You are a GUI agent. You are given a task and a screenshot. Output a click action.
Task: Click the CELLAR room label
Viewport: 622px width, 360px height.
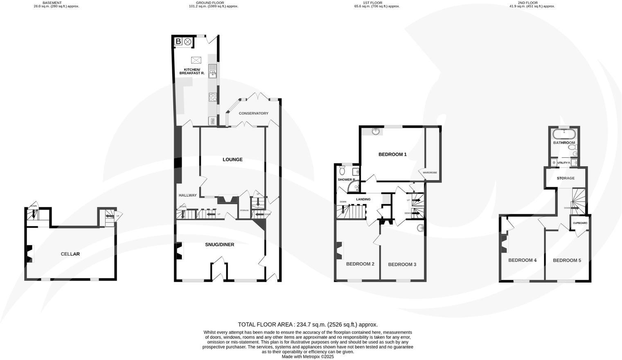click(x=70, y=254)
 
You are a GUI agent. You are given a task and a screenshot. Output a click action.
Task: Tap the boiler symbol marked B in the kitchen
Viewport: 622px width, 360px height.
click(x=178, y=41)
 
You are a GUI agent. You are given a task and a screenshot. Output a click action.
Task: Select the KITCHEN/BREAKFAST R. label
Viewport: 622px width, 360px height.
click(x=192, y=72)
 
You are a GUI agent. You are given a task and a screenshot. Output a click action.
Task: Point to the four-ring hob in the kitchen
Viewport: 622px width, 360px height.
click(x=213, y=97)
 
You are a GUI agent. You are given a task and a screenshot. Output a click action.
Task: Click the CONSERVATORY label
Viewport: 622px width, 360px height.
click(x=253, y=113)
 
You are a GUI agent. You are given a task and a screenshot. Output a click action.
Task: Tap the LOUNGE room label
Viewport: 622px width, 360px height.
click(x=232, y=160)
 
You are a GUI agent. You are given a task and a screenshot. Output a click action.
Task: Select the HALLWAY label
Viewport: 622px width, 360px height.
click(x=187, y=196)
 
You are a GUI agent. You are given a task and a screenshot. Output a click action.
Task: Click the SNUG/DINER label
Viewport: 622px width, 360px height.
click(x=220, y=245)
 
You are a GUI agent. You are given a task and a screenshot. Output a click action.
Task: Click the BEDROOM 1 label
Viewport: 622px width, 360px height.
click(x=392, y=154)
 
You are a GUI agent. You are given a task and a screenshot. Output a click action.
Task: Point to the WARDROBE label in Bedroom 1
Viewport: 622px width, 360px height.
click(x=430, y=173)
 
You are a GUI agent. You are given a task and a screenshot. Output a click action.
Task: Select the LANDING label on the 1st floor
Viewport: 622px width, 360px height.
click(x=363, y=199)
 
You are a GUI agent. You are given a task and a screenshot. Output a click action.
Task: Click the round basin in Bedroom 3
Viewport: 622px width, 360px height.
click(x=420, y=228)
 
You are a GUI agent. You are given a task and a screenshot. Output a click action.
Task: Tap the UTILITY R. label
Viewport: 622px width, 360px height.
click(x=564, y=163)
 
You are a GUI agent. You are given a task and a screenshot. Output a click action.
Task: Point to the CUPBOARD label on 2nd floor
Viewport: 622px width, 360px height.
click(x=580, y=223)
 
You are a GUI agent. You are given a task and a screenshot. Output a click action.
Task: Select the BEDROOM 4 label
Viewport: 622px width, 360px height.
click(x=522, y=260)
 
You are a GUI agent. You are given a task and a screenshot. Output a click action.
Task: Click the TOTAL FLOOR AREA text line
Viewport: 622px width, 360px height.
click(x=308, y=324)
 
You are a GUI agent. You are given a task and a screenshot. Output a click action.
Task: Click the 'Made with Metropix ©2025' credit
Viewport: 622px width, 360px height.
click(x=308, y=357)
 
